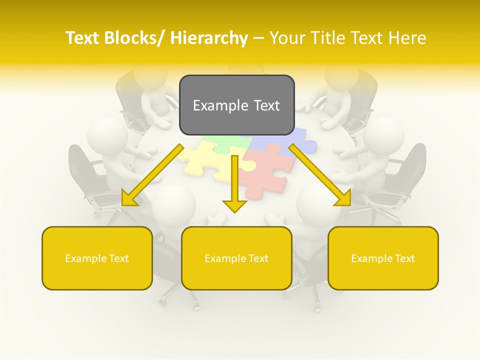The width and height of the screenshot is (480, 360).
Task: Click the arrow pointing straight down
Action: click(234, 185)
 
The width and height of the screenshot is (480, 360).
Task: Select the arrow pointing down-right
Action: click(320, 175)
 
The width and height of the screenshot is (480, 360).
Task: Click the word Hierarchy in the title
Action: click(208, 38)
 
